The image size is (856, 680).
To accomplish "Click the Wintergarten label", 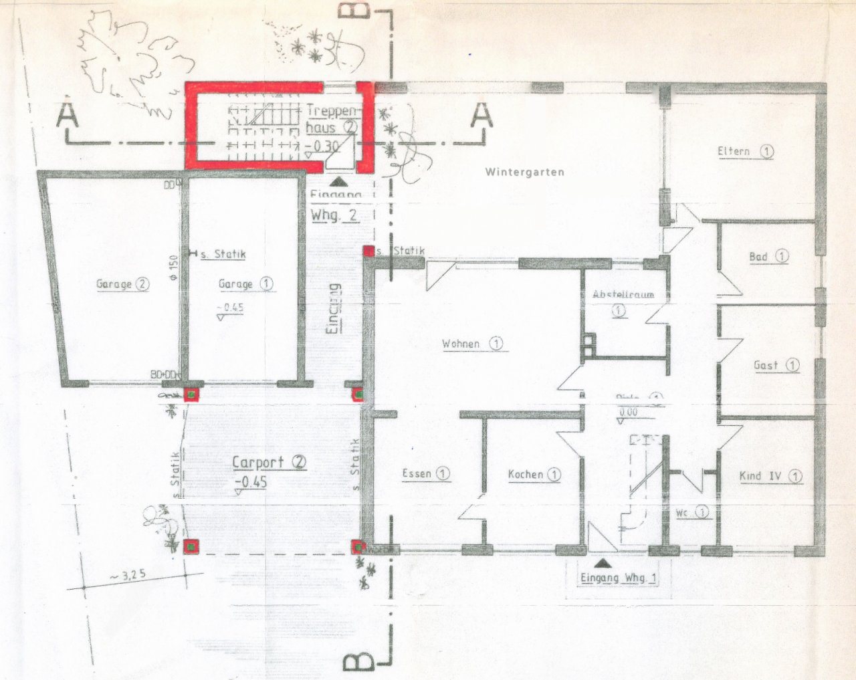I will (x=524, y=172).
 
